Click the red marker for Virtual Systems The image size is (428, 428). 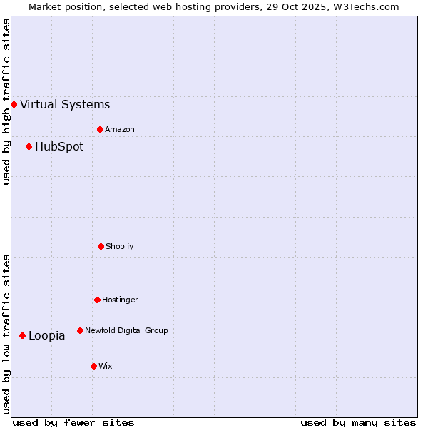click(14, 104)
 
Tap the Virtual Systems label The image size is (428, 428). click(65, 105)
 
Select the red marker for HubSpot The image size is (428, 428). click(29, 146)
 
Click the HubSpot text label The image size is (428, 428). click(59, 147)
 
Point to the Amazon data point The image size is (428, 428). click(100, 129)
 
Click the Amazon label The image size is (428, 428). click(120, 130)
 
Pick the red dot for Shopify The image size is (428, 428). click(101, 246)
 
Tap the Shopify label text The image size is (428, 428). click(120, 247)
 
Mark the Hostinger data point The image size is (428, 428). click(97, 300)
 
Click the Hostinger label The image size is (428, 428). click(120, 300)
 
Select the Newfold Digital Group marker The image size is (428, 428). click(80, 330)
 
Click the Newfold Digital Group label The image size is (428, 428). click(126, 331)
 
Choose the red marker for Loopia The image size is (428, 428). click(22, 335)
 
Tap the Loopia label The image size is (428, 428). click(47, 336)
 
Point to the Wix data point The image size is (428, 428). click(93, 366)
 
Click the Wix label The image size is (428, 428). click(106, 367)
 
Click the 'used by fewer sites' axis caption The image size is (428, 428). click(73, 422)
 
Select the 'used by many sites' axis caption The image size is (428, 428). click(358, 422)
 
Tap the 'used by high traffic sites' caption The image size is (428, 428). click(6, 101)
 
